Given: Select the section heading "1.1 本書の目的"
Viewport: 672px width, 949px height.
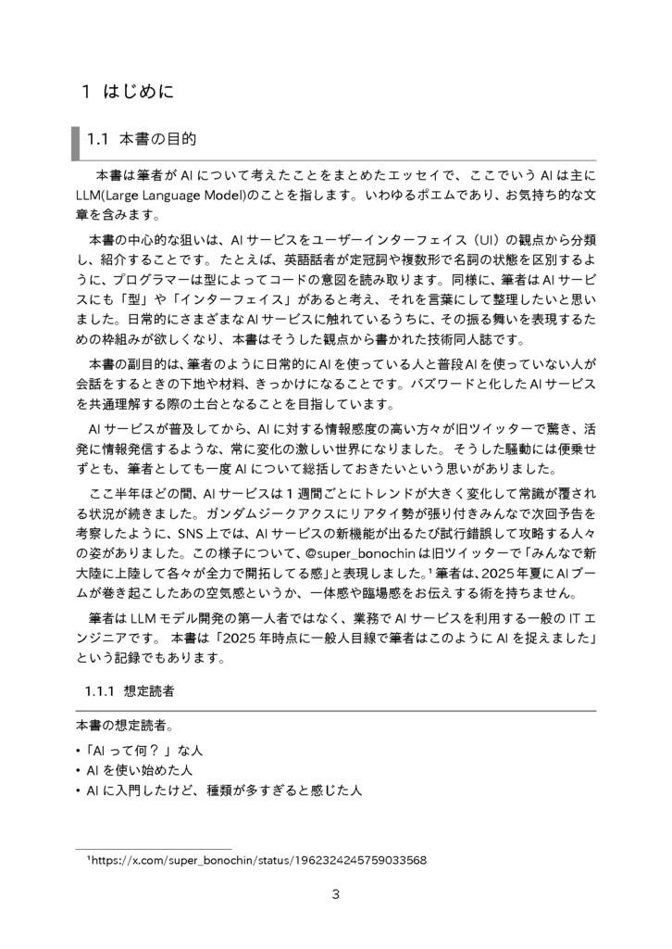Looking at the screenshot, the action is [141, 140].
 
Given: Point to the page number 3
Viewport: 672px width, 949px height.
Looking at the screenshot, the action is [336, 894].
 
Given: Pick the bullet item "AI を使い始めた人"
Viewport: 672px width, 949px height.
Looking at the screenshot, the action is [139, 770].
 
